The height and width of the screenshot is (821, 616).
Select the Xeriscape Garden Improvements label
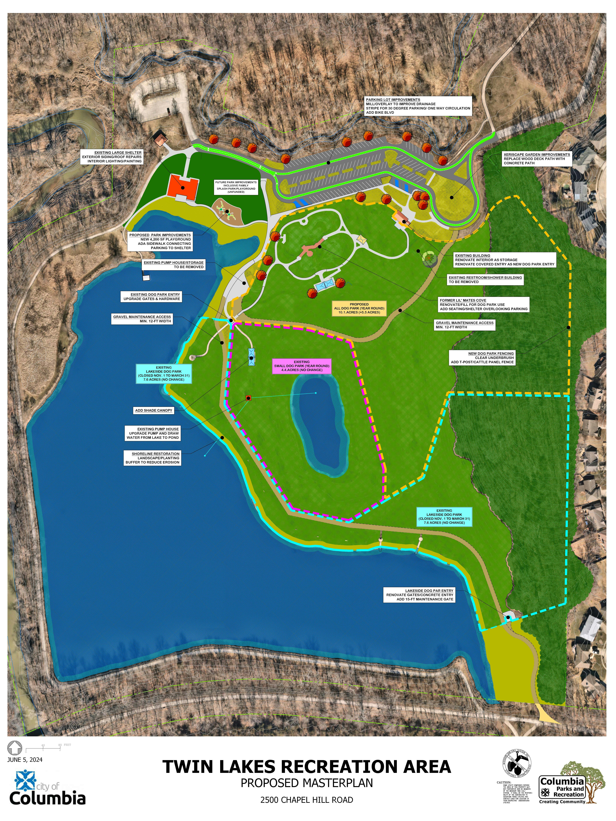tap(536, 159)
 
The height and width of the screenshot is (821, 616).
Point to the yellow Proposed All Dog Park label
tap(359, 308)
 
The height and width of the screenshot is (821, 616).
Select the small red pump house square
tap(248, 398)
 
